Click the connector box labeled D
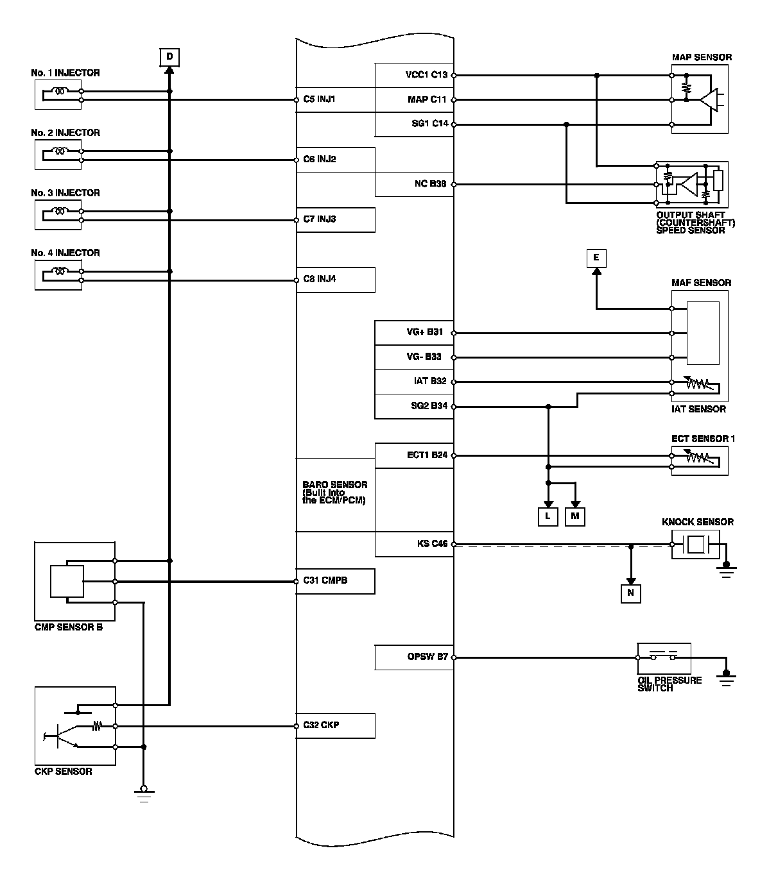click(169, 58)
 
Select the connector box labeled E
click(596, 258)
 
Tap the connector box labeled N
click(630, 593)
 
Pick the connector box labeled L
click(548, 516)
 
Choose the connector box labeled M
click(575, 516)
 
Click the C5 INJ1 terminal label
click(319, 100)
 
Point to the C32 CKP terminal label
click(321, 725)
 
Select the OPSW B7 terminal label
click(427, 657)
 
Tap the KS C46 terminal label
click(432, 545)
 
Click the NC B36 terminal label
click(430, 184)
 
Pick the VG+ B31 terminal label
click(424, 332)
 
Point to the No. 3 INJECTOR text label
click(65, 193)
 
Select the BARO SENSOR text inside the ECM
click(334, 486)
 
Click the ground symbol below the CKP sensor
click(143, 795)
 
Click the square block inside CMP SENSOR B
click(67, 581)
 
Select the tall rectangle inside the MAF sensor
click(702, 333)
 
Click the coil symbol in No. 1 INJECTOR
click(61, 92)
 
